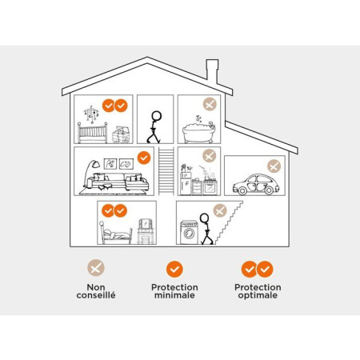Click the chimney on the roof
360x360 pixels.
point(212,70)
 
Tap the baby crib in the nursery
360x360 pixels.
point(92,133)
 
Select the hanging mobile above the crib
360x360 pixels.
point(91,114)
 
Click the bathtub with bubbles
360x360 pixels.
point(199,133)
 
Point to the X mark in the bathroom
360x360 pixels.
point(210,104)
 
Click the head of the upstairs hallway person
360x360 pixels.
point(156,116)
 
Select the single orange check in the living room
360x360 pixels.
point(144,158)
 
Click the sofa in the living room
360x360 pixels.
point(120,182)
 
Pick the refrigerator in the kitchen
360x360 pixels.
point(186,183)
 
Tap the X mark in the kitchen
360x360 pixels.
point(210,156)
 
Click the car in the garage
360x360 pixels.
point(256,184)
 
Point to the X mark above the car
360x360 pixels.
point(274,166)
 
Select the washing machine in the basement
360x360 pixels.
point(189,232)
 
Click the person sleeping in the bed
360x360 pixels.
point(116,234)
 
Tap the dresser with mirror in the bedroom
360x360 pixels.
point(146,231)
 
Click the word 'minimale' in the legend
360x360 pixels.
point(174,295)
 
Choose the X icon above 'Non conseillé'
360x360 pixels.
point(96,268)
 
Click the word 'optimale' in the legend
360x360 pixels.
point(258,295)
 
